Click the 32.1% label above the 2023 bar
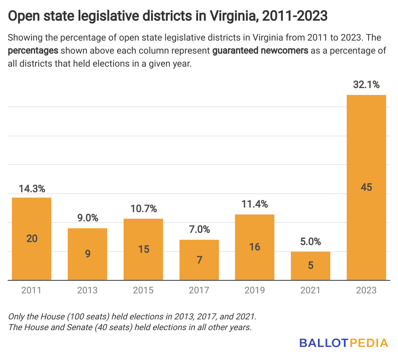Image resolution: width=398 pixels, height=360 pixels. point(366,85)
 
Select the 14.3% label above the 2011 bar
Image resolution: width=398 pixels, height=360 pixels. point(32,188)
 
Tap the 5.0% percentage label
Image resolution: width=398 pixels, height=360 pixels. point(310,242)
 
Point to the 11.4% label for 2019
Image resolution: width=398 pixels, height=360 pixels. point(254,205)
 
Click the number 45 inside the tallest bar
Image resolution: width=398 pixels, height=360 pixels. point(366,187)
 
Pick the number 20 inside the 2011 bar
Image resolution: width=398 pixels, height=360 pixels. point(32,238)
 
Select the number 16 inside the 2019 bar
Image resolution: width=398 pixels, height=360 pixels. point(254,247)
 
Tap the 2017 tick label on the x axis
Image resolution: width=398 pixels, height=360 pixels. point(199,291)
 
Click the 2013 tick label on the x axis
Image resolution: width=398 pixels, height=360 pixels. point(87,291)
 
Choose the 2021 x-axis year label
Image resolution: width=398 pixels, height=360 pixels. point(310,291)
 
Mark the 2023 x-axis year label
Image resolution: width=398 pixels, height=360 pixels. point(366,291)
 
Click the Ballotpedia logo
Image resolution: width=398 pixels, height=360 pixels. point(344,342)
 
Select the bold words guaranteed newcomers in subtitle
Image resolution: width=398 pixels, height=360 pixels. point(260,51)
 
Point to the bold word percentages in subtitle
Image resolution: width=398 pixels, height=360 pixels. point(33,51)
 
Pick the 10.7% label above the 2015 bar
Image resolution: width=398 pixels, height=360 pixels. point(143,209)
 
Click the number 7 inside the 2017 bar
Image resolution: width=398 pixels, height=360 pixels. point(199,260)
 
